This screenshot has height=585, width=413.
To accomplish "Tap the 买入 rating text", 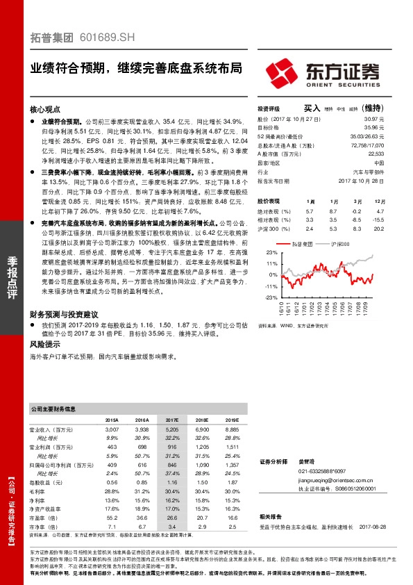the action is point(312,108).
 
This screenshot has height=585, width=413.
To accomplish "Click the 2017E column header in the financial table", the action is point(173,420).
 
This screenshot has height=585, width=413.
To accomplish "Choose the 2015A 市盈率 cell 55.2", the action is point(112,518).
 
